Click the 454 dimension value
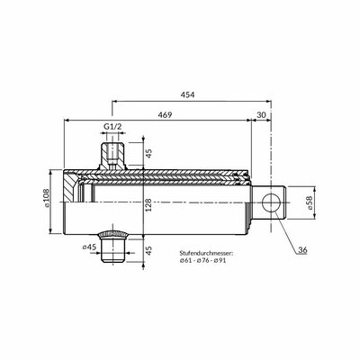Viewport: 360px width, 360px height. (187, 94)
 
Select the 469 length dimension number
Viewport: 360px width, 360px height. (165, 115)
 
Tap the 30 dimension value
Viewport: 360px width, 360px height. (262, 115)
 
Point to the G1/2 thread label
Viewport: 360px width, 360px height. (112, 126)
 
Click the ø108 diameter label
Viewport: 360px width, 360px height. (47, 198)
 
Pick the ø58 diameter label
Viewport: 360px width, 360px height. (308, 202)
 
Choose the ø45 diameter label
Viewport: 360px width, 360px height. (89, 247)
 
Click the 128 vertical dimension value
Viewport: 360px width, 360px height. (148, 205)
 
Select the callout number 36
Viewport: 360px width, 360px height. (302, 250)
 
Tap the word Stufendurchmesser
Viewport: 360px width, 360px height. (206, 253)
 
